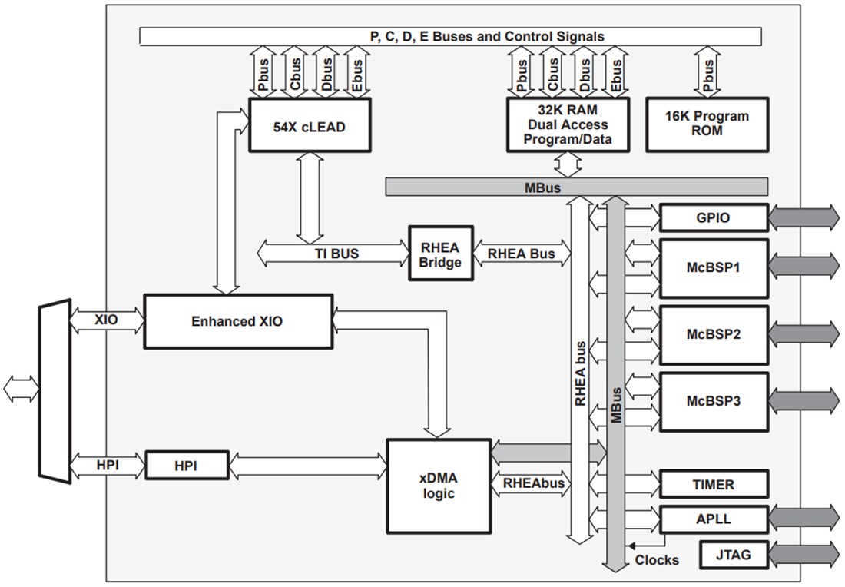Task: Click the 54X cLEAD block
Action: (x=310, y=127)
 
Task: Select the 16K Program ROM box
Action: (x=707, y=124)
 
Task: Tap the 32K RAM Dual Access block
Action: (x=568, y=124)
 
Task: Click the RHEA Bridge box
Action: (x=440, y=254)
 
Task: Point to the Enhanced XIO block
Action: (x=238, y=321)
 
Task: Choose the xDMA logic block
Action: (x=438, y=486)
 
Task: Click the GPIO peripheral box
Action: (x=714, y=218)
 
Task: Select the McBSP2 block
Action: (x=714, y=335)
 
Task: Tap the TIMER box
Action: (x=714, y=485)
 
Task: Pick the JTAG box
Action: (x=734, y=554)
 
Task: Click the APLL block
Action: (x=714, y=519)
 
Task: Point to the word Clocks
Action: (x=656, y=560)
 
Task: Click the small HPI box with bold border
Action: (x=187, y=466)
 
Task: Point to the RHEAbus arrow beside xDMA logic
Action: (x=532, y=484)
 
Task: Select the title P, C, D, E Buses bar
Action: (x=450, y=36)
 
